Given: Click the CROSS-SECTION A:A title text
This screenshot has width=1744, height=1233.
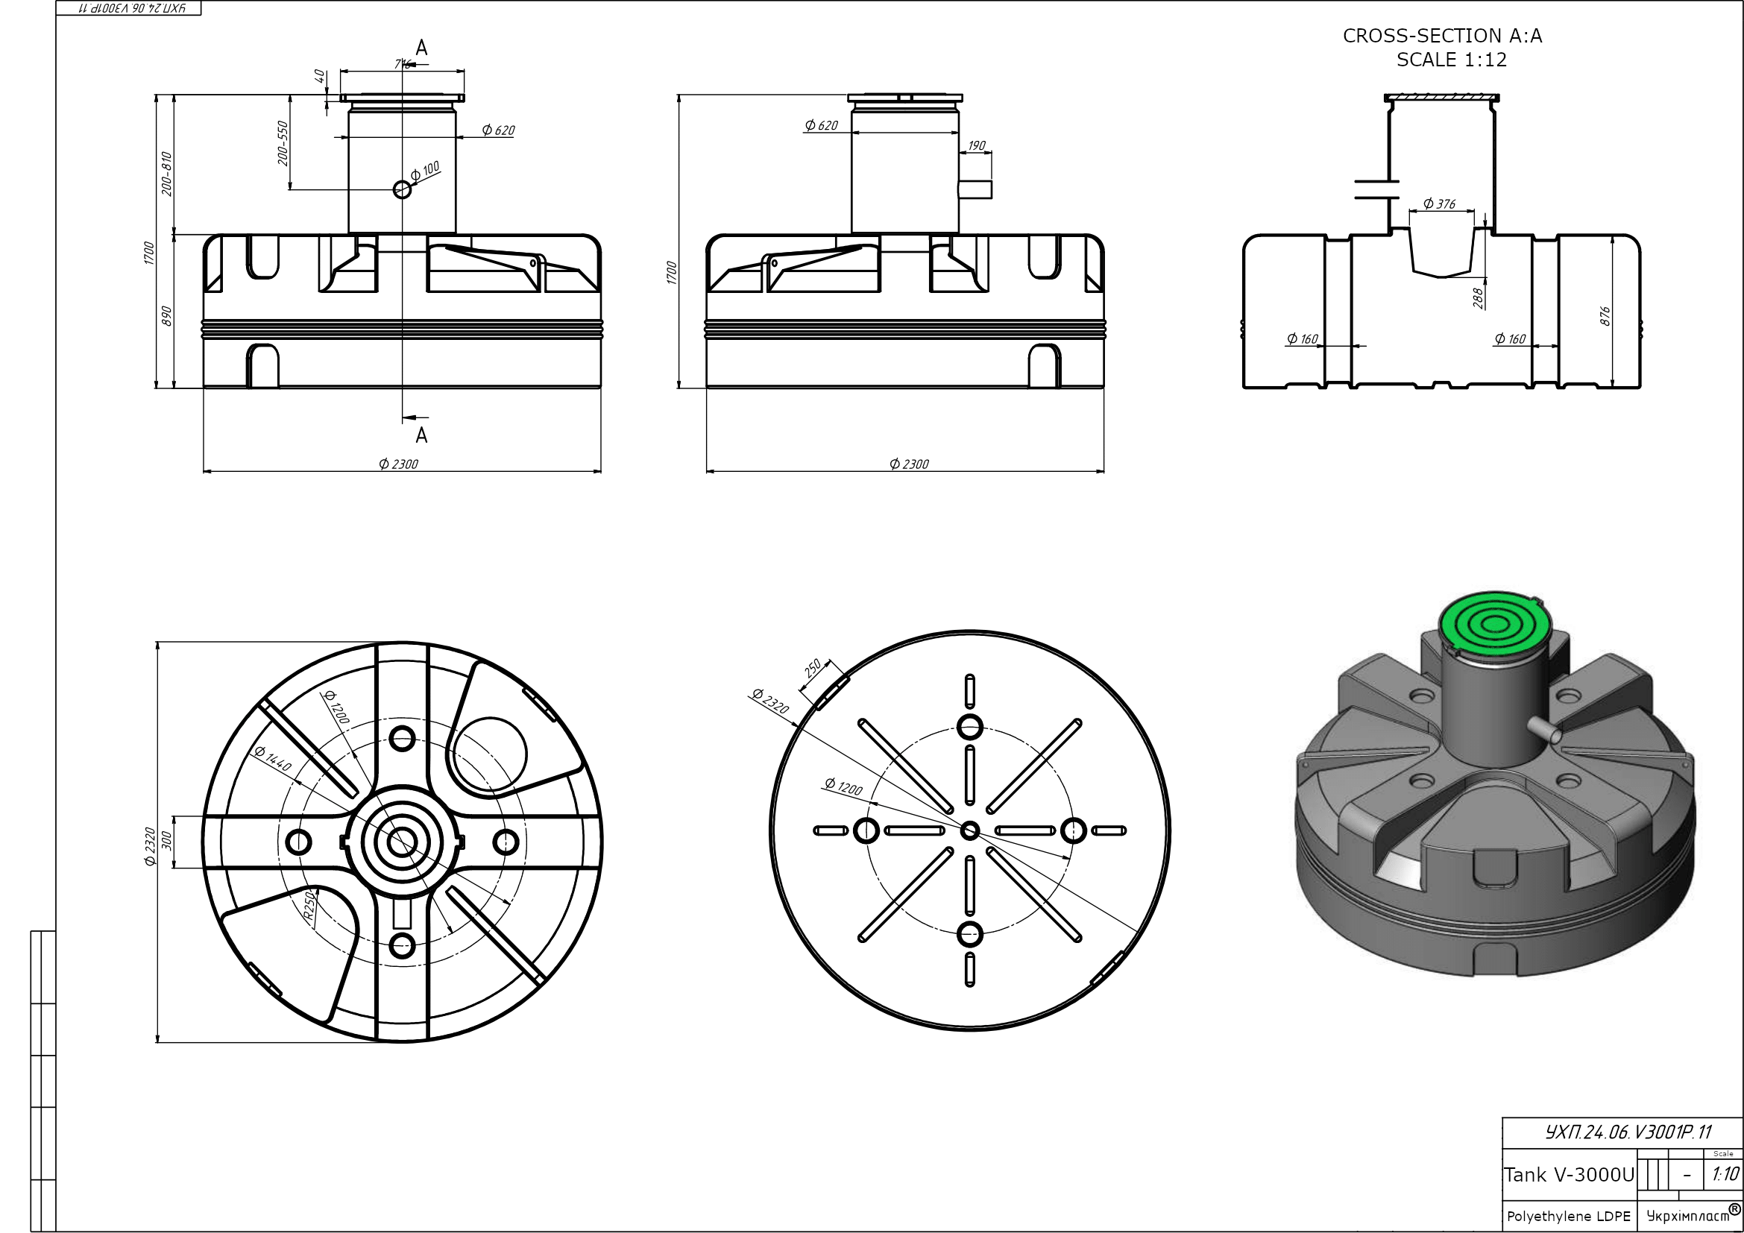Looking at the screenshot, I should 1443,36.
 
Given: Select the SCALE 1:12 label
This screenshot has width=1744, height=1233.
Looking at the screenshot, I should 1451,60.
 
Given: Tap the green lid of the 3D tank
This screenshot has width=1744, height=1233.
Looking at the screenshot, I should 1494,624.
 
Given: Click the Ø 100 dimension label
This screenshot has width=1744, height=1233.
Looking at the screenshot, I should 425,171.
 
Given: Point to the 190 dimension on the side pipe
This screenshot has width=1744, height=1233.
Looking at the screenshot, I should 977,145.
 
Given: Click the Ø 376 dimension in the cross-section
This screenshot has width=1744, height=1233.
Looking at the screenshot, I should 1439,204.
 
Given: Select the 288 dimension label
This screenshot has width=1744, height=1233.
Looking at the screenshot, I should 1478,297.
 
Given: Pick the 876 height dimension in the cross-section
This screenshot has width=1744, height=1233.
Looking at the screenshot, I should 1605,316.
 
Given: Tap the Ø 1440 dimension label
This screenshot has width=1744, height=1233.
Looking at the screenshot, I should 273,758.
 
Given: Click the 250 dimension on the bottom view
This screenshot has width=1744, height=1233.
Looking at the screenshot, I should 812,668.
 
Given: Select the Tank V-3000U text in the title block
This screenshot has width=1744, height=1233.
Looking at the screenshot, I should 1569,1175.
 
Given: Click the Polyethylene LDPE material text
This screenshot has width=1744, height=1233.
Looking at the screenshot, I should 1569,1216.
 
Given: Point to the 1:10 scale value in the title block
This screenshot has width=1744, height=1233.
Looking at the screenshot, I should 1725,1175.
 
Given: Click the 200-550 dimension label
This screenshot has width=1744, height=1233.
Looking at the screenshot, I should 283,142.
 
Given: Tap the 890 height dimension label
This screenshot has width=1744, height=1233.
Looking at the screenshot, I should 167,316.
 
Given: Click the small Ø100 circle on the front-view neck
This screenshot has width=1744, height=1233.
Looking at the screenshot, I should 403,189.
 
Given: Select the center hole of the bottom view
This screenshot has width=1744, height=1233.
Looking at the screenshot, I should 970,830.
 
